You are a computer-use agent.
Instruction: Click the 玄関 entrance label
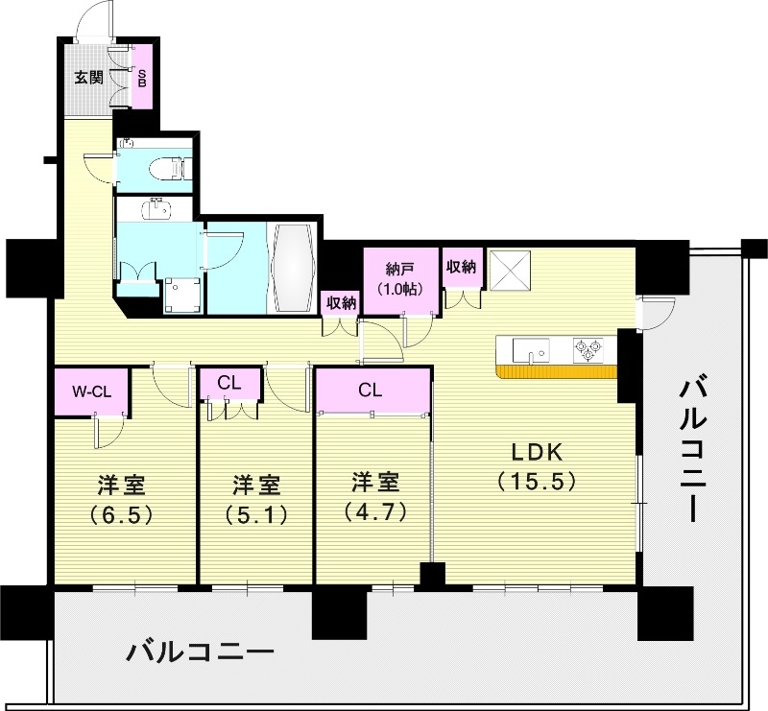click(x=89, y=78)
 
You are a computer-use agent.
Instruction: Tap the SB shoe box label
click(x=142, y=78)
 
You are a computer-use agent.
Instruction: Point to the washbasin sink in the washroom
click(x=155, y=208)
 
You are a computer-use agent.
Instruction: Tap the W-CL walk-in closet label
click(x=92, y=391)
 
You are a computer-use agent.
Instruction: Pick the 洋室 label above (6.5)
click(x=122, y=484)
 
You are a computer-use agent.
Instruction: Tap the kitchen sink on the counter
click(x=530, y=349)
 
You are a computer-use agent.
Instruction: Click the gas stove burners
click(x=588, y=349)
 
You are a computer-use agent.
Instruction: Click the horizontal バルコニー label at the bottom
click(x=202, y=654)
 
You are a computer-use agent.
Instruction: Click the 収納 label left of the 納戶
click(x=340, y=303)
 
